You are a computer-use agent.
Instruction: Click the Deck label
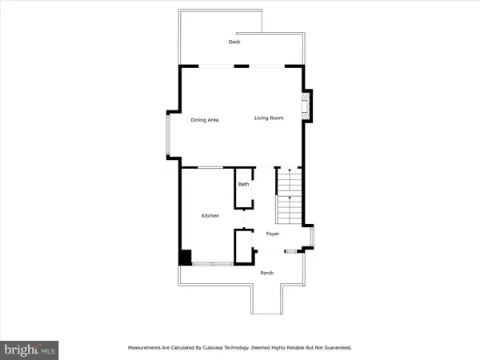pyautogui.click(x=234, y=42)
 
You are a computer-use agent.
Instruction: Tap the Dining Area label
pyautogui.click(x=205, y=119)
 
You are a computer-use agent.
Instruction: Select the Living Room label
pyautogui.click(x=269, y=118)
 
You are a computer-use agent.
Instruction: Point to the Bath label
pyautogui.click(x=243, y=185)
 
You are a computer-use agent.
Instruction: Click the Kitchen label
pyautogui.click(x=210, y=216)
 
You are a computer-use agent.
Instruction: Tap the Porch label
pyautogui.click(x=267, y=273)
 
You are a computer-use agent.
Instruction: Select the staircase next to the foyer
pyautogui.click(x=288, y=197)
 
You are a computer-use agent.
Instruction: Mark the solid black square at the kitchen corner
pyautogui.click(x=184, y=257)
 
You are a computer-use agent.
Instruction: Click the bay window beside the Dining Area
pyautogui.click(x=168, y=136)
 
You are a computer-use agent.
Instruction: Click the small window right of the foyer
pyautogui.click(x=312, y=238)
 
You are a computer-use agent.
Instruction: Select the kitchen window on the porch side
pyautogui.click(x=212, y=263)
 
